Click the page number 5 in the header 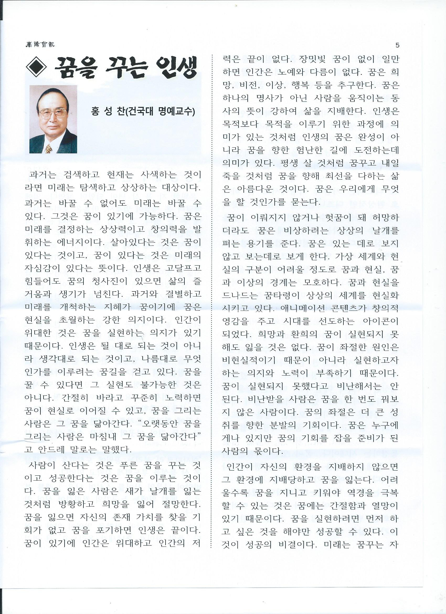(397, 45)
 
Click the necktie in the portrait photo (49, 148)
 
